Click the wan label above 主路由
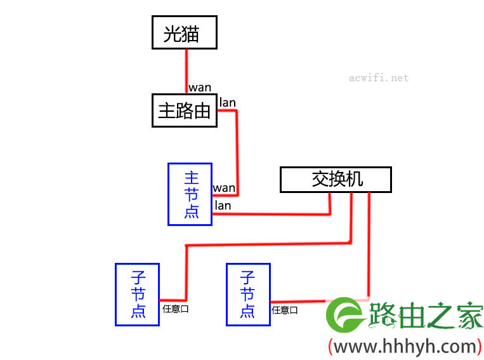(200, 88)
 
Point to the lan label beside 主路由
(228, 102)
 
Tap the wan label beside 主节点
(224, 188)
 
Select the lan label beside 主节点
(223, 206)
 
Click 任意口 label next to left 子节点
(176, 309)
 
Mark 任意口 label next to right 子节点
(285, 310)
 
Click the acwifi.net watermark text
(379, 78)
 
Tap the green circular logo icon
(344, 315)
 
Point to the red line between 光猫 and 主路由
(186, 71)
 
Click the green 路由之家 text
(426, 315)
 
